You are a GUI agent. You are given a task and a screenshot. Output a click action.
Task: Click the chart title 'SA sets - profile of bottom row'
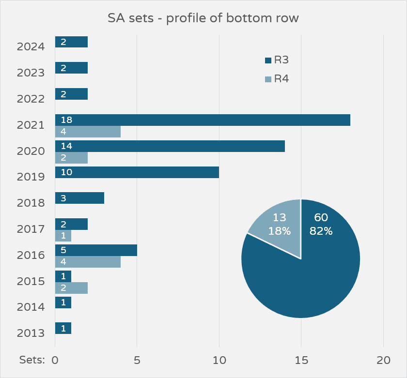tap(203, 19)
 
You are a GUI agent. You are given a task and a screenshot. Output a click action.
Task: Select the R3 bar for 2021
tap(203, 120)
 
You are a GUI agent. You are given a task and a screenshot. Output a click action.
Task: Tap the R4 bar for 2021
tap(88, 132)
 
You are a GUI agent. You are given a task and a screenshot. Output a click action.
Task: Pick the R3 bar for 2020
tap(170, 146)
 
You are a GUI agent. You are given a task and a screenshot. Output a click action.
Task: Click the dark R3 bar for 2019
tap(137, 172)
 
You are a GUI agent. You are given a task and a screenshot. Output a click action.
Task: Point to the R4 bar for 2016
tap(88, 262)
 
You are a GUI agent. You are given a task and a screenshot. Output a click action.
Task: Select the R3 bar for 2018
tap(79, 198)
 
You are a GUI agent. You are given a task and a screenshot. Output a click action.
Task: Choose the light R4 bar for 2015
tap(71, 288)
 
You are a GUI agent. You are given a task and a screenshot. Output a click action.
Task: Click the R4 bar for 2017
tap(63, 236)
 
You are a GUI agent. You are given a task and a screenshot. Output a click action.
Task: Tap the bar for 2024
tap(71, 42)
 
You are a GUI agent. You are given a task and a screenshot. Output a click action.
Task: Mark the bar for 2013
tap(63, 328)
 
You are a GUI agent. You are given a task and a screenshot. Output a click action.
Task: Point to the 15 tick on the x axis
tap(301, 361)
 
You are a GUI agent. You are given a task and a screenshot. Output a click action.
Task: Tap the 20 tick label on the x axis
tap(383, 361)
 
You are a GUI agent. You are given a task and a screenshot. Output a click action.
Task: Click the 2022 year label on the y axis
tap(31, 99)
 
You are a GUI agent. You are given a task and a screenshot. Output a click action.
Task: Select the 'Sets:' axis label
tap(32, 360)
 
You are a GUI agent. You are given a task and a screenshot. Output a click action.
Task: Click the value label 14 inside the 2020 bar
tap(67, 146)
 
